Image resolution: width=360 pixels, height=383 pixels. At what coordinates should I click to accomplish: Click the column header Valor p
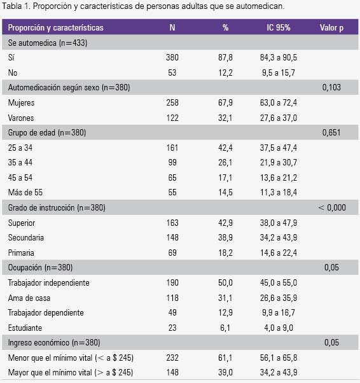coord(331,28)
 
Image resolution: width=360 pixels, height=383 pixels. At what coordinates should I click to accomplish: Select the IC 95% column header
coord(279,27)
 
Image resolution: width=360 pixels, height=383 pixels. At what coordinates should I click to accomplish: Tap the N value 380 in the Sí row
coord(172,58)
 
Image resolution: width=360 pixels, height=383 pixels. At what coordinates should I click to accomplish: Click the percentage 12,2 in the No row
coord(225,73)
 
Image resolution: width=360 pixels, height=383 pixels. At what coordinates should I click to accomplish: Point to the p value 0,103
coord(331,87)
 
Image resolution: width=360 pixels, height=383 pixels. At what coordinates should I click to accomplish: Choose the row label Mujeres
coord(21,103)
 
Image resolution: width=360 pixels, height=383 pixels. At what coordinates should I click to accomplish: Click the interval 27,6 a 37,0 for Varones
coord(279,118)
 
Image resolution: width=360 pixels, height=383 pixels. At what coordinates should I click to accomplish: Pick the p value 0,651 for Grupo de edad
coord(331,132)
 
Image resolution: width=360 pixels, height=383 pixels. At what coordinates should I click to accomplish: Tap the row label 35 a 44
coord(20,162)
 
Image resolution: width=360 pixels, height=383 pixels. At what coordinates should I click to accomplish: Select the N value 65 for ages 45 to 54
coord(172,178)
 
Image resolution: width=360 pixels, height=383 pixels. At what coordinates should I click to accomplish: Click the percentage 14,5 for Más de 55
coord(225,193)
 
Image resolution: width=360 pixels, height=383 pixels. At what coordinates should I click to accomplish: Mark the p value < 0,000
coord(332,207)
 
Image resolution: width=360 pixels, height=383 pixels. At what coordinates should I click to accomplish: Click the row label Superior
coord(22,223)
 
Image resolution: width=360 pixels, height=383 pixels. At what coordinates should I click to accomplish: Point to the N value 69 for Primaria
coord(172,253)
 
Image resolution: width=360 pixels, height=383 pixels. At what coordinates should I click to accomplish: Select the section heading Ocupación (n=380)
coord(40,268)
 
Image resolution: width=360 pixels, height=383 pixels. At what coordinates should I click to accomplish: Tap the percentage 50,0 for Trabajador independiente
coord(225,283)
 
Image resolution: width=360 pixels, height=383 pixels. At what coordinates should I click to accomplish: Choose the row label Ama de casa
coord(29,298)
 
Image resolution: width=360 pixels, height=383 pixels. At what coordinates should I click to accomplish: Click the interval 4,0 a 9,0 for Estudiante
coord(279,328)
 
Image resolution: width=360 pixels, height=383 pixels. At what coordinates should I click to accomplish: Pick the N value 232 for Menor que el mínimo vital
coord(172,358)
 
